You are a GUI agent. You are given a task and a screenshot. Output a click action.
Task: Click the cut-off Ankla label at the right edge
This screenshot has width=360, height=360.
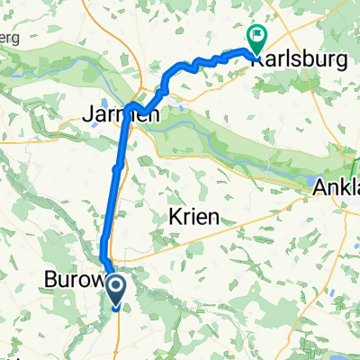tap(336, 189)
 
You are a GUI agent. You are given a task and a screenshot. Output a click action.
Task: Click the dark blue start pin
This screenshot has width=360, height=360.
tap(117, 291)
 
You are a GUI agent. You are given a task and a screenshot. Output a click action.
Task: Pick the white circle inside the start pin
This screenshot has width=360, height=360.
tap(117, 287)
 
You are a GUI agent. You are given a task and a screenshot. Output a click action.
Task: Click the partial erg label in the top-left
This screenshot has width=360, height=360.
tap(9, 42)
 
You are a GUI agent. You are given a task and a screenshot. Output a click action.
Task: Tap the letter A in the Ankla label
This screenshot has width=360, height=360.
tap(319, 189)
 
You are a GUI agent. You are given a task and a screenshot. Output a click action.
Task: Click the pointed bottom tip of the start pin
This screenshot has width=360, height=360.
tap(117, 308)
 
